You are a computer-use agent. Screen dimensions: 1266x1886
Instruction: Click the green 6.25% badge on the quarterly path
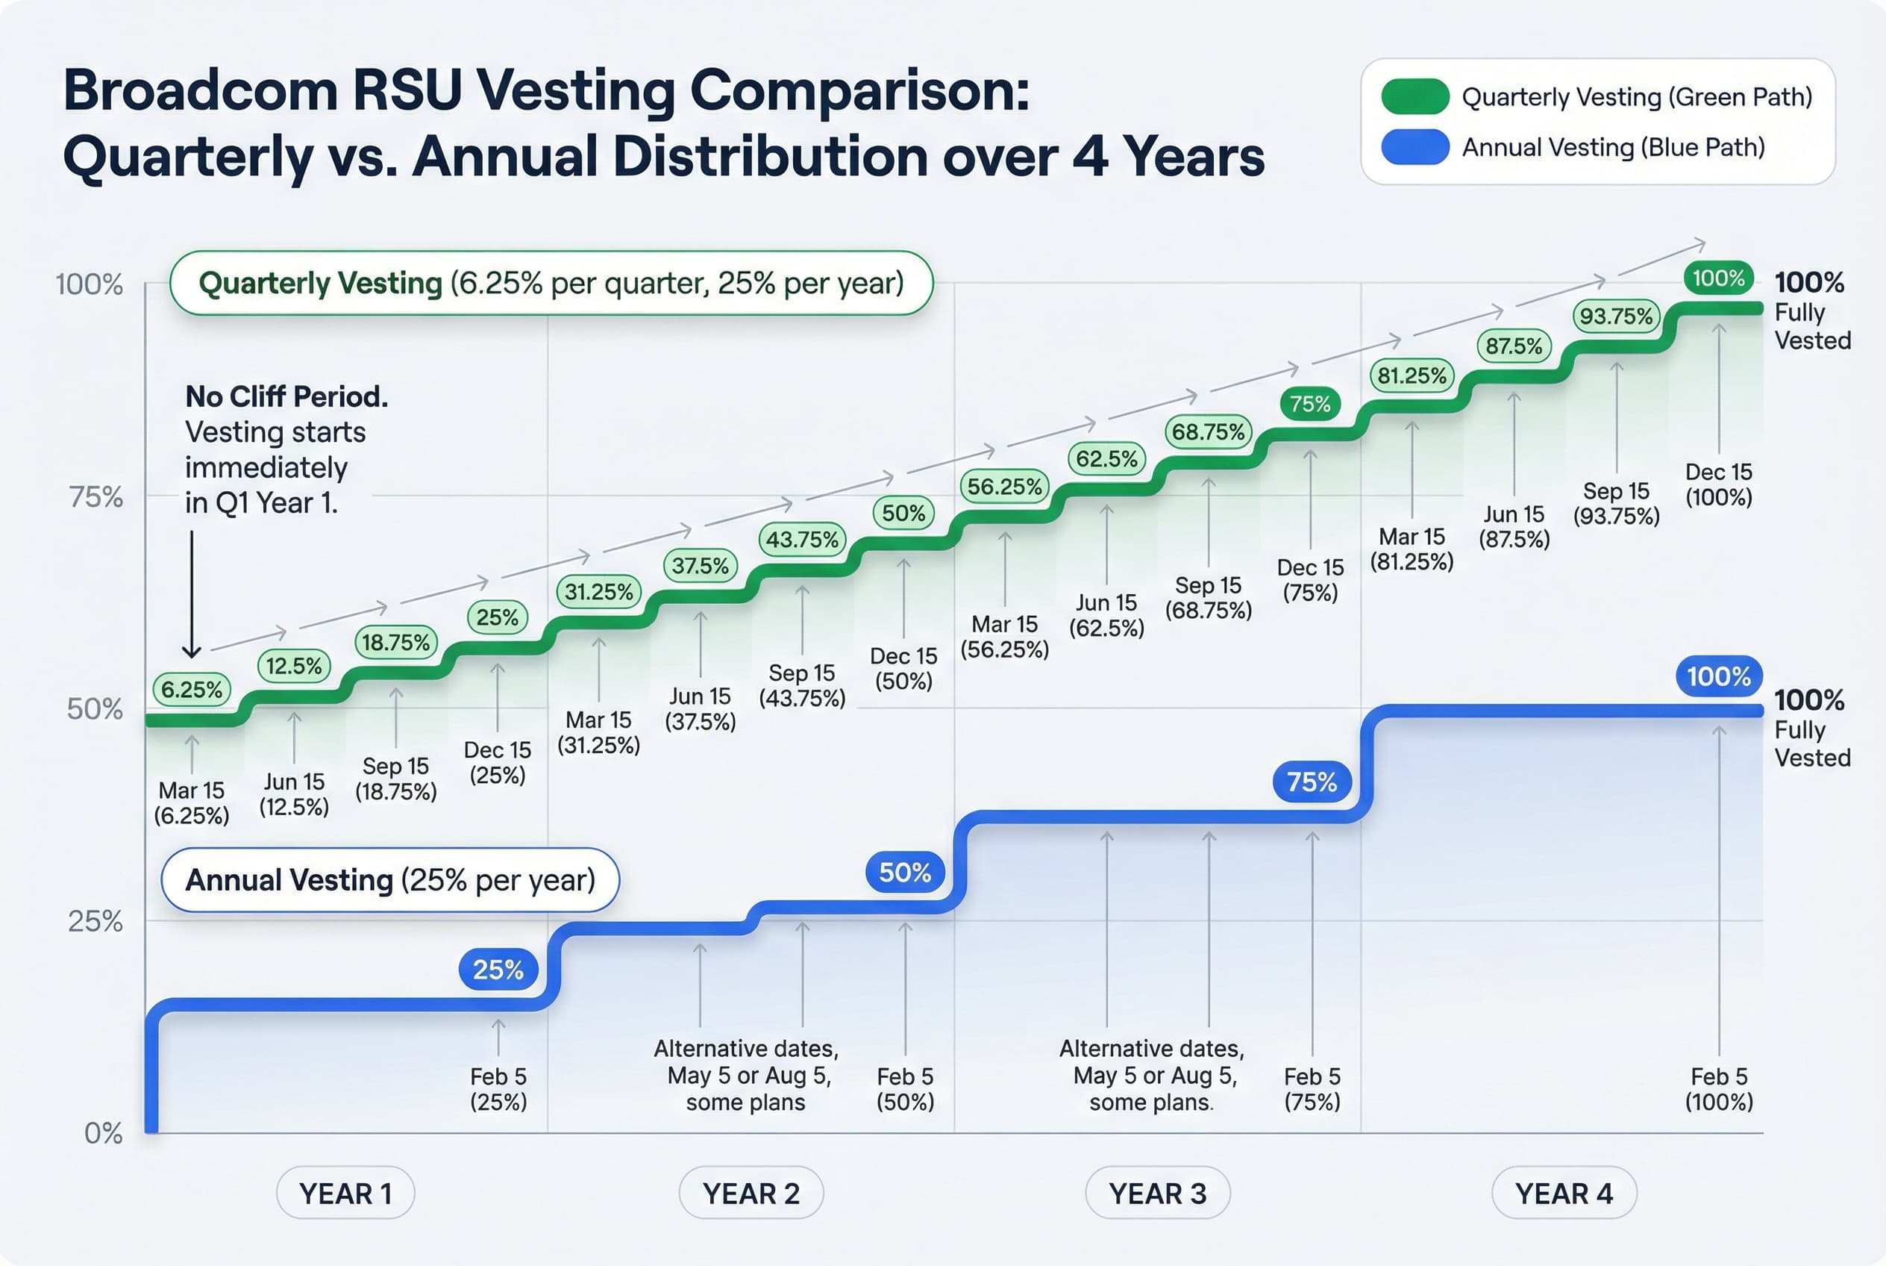[192, 690]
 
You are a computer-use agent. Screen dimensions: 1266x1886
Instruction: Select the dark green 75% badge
[1310, 404]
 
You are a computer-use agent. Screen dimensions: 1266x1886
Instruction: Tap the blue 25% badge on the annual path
[498, 969]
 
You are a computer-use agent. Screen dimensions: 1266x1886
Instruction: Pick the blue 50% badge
[905, 872]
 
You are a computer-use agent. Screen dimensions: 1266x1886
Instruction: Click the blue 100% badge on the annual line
[1718, 676]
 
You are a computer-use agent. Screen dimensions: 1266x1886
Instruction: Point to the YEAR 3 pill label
[1157, 1194]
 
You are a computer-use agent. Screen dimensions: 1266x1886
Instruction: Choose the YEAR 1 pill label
[345, 1194]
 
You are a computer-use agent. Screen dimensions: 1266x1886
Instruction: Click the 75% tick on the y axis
[96, 496]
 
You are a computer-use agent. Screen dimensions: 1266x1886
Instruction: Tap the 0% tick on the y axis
[103, 1134]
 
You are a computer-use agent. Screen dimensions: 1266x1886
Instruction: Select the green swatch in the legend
[1414, 97]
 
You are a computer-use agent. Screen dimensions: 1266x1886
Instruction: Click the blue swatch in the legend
[1414, 147]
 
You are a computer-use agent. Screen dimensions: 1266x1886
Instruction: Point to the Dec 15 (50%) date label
[904, 669]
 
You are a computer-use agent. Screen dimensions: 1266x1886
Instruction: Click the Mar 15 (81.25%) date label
[1412, 549]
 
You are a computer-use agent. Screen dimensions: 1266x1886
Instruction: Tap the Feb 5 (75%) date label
[1312, 1088]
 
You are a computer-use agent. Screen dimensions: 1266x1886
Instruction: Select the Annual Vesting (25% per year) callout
[389, 880]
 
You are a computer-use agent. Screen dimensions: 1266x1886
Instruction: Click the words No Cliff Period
[286, 396]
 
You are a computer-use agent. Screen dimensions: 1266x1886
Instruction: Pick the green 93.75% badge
[1617, 316]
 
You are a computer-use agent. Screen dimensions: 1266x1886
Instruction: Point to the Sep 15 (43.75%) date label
[802, 685]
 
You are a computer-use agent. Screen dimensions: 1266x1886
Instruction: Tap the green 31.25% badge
[599, 592]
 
